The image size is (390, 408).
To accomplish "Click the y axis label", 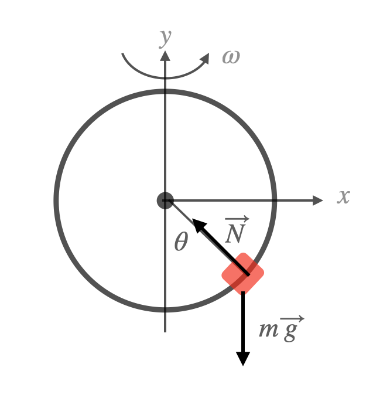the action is (x=165, y=37).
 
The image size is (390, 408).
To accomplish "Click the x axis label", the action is (x=343, y=197).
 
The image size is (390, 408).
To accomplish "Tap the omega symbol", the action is (x=231, y=57).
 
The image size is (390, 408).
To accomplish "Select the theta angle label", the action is (x=181, y=242).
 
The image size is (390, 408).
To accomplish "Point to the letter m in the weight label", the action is (x=268, y=331).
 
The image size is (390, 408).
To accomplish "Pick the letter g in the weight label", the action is (x=290, y=332).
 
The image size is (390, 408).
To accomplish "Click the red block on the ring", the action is (x=243, y=273).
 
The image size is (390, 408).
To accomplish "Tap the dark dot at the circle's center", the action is (x=165, y=200).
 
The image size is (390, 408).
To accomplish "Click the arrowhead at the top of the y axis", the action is (x=165, y=55).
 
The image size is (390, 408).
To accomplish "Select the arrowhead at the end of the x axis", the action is (x=317, y=200).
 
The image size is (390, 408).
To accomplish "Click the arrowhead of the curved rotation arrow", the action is (x=205, y=58).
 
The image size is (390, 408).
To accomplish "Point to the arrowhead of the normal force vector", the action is (x=199, y=225).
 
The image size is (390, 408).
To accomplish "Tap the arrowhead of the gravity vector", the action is (x=243, y=358).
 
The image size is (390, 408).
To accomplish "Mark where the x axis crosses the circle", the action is (x=275, y=200).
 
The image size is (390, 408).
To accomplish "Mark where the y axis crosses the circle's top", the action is (x=165, y=91).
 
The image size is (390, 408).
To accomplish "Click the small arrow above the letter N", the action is (x=237, y=219).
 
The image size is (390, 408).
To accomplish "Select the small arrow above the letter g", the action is (x=292, y=318).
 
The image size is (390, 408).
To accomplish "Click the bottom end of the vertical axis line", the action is (x=165, y=331).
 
